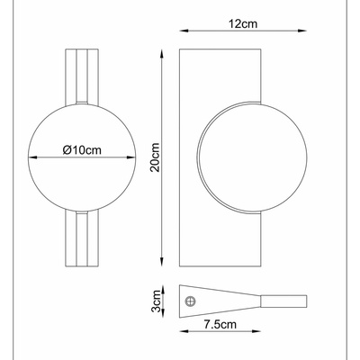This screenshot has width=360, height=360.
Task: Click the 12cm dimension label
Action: coord(243,23)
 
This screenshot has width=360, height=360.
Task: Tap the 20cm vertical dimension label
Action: coord(155,157)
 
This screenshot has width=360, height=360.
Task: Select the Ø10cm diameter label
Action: coord(82,149)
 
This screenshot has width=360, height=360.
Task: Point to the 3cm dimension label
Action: coord(157,301)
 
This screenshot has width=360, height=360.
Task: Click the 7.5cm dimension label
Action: coord(220,324)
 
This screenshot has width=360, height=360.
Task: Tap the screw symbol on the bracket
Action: coord(190,301)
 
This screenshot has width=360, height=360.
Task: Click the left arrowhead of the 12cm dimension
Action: coord(184,31)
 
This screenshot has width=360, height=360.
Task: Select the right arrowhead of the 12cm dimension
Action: coord(302,31)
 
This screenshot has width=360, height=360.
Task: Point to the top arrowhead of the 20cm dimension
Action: coord(162,54)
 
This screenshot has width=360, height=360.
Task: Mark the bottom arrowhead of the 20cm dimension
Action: coord(162,262)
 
